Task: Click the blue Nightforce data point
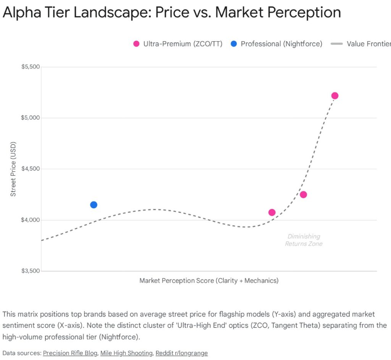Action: coord(94,205)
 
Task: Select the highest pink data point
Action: coord(335,96)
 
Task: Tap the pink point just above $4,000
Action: coord(272,212)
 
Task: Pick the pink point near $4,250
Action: coord(303,195)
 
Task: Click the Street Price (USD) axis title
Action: coord(13,169)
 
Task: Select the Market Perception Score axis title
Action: coord(209,281)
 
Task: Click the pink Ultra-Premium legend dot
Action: coord(136,44)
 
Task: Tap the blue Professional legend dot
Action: coord(234,44)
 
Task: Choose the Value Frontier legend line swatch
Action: coord(336,44)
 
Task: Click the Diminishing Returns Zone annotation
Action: coord(304,240)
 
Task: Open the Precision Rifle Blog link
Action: coord(70,353)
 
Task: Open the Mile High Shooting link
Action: coord(126,353)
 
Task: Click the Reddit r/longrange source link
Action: coord(181,353)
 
